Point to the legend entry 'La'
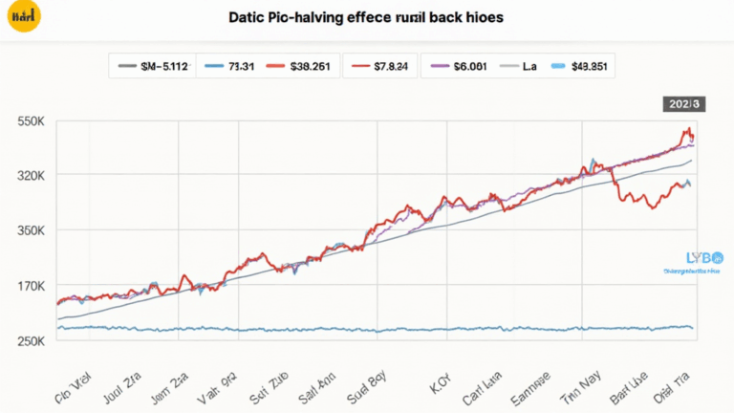click(520, 67)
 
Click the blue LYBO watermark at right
click(692, 259)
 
